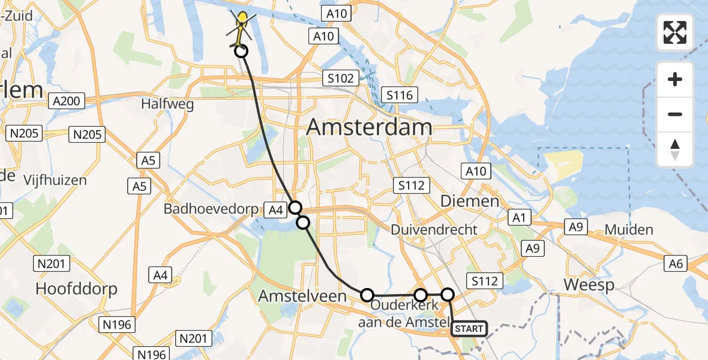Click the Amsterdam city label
[369, 127]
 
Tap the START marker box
[469, 328]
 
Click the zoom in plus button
[675, 79]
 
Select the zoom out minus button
[675, 114]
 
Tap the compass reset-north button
[675, 149]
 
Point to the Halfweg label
[167, 104]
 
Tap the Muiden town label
[629, 229]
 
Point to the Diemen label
[470, 201]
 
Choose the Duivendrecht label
[434, 229]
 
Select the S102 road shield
[341, 78]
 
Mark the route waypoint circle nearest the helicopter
[241, 51]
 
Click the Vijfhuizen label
[55, 180]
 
